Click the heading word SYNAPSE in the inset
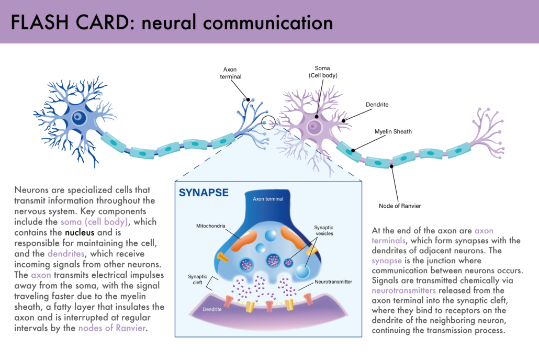point(204,193)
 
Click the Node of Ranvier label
point(400,206)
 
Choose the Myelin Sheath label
point(393,132)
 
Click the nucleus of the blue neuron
point(79,117)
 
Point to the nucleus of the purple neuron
point(314,126)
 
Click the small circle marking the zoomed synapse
point(268,122)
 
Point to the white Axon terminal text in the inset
point(268,199)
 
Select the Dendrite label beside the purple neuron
point(378,105)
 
